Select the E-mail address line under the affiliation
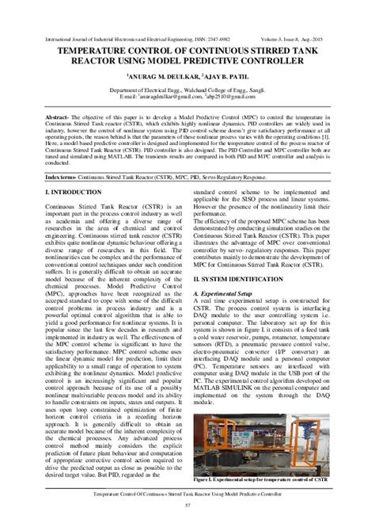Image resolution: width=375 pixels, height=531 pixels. (187, 99)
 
